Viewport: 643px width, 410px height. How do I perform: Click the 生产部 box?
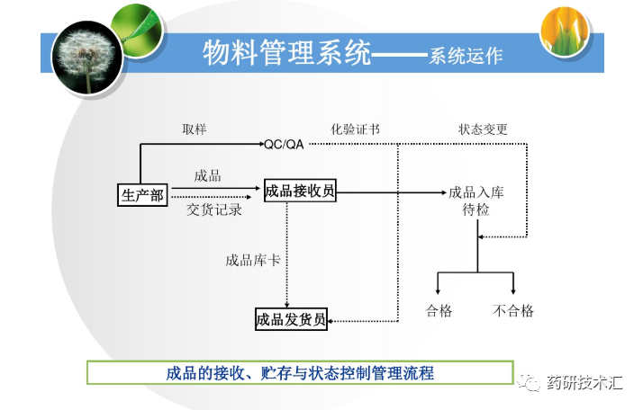[x=142, y=194]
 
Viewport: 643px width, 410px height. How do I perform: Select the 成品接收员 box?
[x=300, y=191]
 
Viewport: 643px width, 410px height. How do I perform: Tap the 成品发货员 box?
[x=291, y=319]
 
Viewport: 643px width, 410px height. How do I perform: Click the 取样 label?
[x=195, y=129]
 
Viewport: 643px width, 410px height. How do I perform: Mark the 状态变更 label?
[x=483, y=129]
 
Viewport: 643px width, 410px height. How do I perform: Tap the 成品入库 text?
[x=476, y=192]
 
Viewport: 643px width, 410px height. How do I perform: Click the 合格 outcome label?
[x=439, y=311]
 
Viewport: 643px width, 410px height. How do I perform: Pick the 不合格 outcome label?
[x=513, y=311]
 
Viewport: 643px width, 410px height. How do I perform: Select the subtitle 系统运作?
[x=466, y=56]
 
